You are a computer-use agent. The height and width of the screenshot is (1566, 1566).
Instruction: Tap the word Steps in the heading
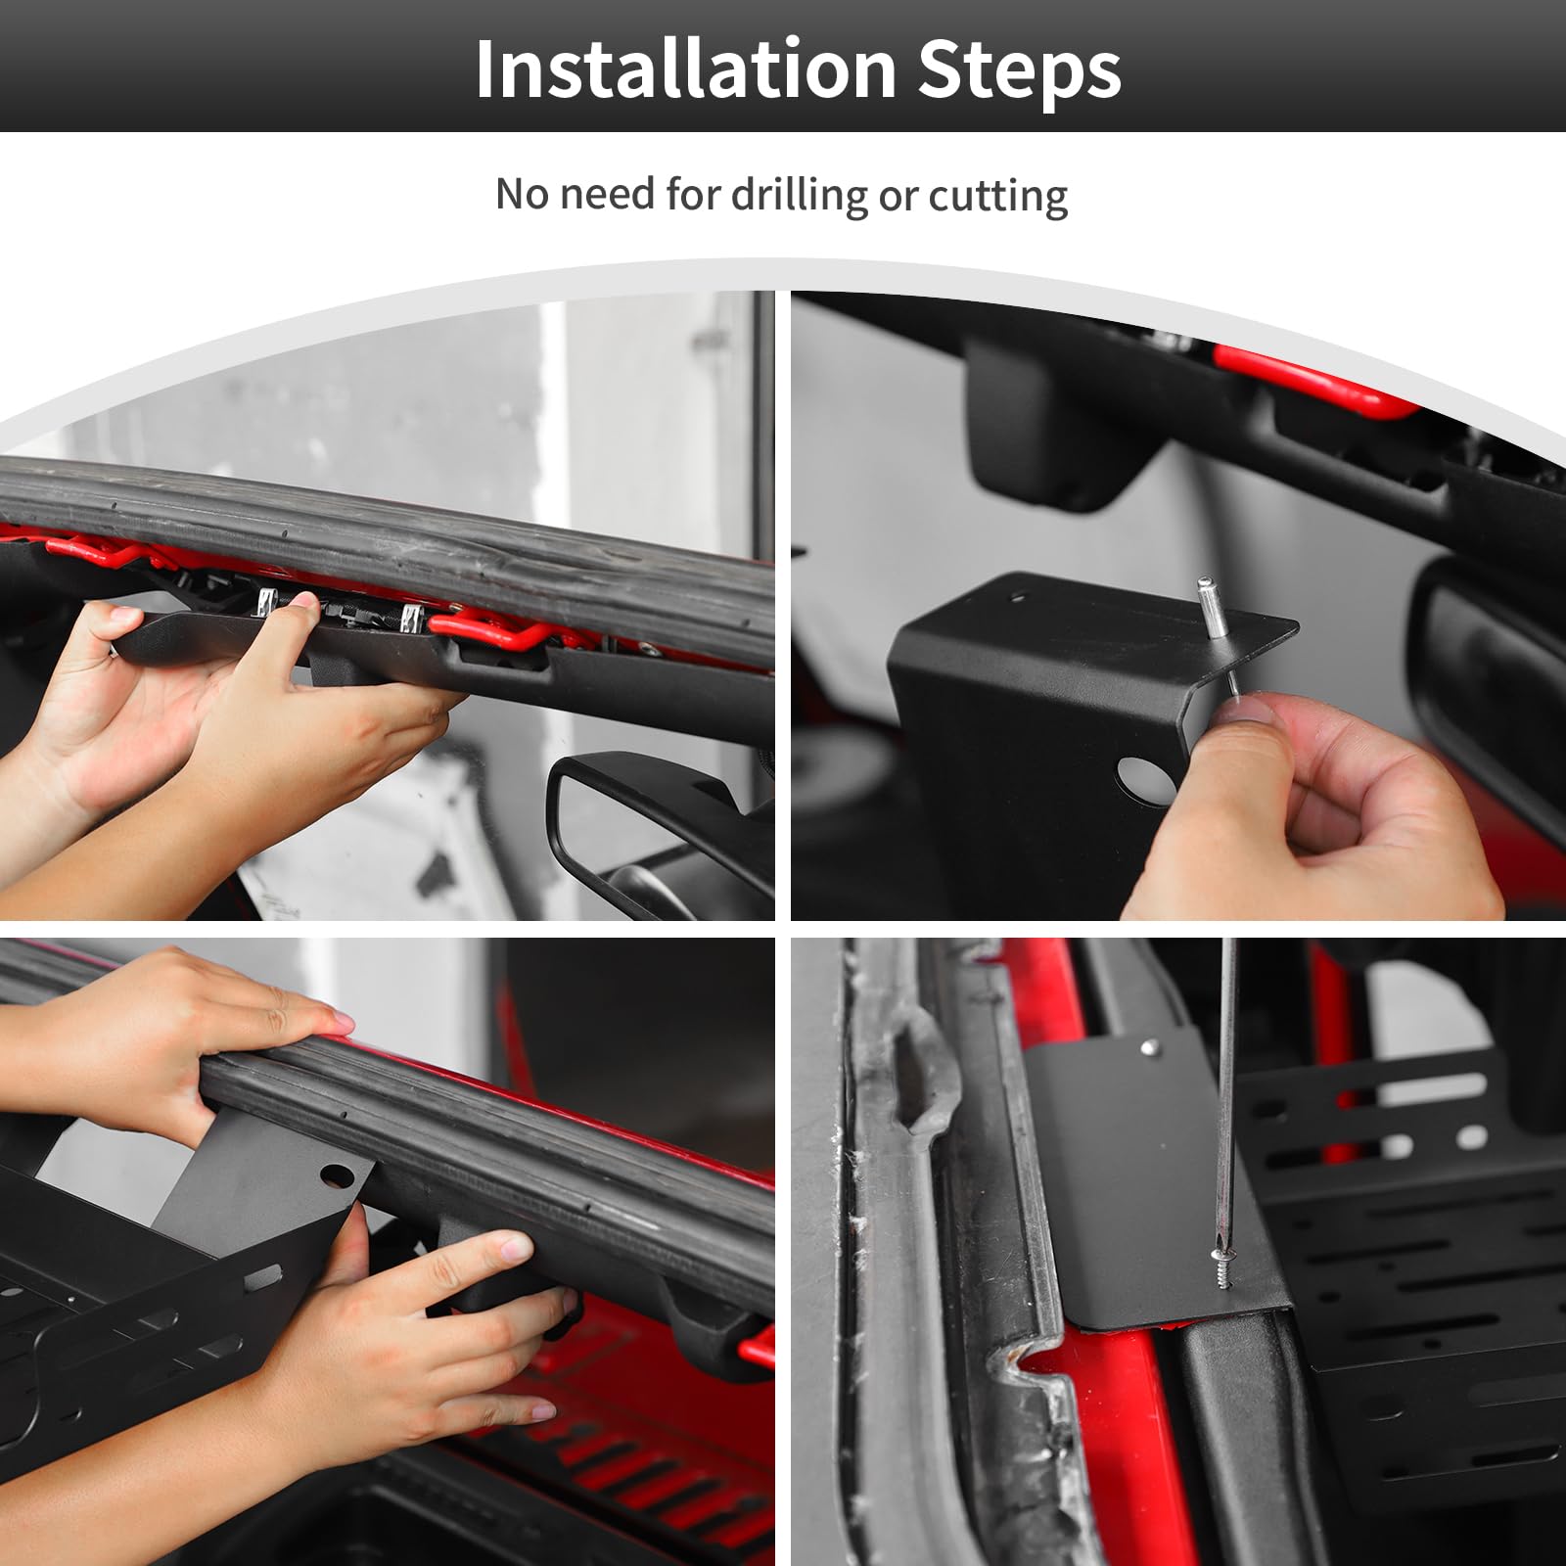click(x=1021, y=71)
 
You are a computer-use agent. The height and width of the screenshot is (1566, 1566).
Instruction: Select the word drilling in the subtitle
click(x=799, y=195)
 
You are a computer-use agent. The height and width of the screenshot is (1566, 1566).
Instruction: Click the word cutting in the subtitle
click(x=997, y=196)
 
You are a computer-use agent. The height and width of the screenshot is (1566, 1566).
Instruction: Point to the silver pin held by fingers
click(x=1217, y=636)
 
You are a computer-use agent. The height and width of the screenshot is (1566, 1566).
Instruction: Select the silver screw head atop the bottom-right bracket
click(x=1149, y=1050)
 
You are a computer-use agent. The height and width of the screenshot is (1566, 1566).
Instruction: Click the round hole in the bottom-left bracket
click(x=336, y=1174)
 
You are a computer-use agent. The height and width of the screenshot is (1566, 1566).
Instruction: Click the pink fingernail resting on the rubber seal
click(x=340, y=1023)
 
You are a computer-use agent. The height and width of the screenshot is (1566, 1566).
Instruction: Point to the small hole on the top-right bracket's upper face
click(x=1019, y=595)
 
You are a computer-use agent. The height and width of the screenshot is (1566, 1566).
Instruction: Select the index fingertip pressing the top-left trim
click(x=304, y=606)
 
